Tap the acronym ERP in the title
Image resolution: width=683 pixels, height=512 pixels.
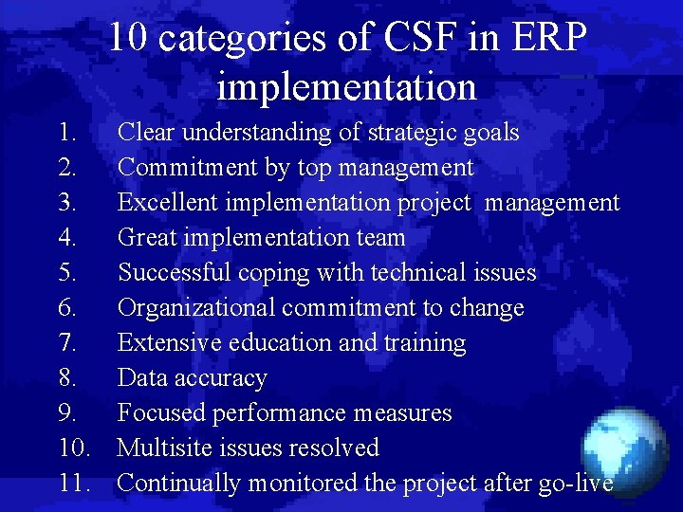tap(550, 40)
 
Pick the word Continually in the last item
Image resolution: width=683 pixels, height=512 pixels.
tap(178, 483)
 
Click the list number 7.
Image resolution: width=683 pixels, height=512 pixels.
tap(66, 342)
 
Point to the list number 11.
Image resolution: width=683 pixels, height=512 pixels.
tap(73, 483)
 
